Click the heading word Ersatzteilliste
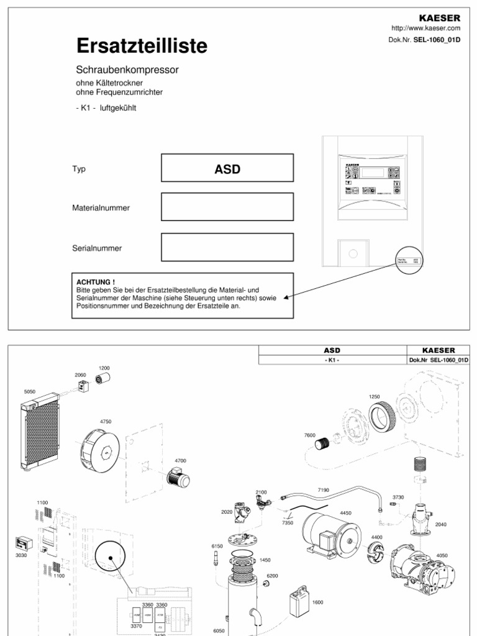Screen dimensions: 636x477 click(x=142, y=46)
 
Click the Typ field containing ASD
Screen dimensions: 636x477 click(x=227, y=170)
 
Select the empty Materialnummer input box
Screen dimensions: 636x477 click(x=227, y=207)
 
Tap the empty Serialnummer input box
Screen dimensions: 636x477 click(x=227, y=247)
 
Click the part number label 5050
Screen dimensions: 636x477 click(x=30, y=392)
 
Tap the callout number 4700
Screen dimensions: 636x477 click(x=180, y=460)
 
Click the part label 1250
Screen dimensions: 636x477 click(x=374, y=396)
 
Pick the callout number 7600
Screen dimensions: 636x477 click(x=310, y=435)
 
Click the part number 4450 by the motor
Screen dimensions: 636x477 click(x=345, y=513)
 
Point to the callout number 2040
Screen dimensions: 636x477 click(x=440, y=524)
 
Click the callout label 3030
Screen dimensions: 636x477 click(x=21, y=555)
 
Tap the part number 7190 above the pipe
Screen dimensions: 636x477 click(x=323, y=490)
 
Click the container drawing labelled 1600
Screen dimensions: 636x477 click(x=299, y=601)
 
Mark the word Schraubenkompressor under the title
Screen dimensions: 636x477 click(x=127, y=70)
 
